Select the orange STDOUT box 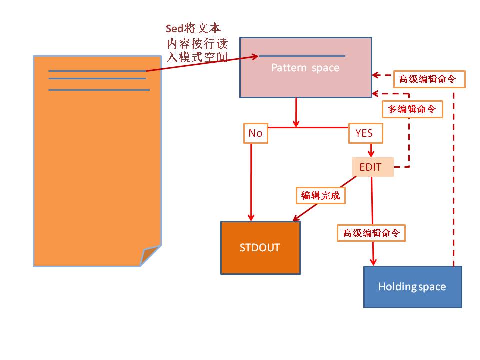tap(260, 248)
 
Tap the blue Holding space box tap(412, 287)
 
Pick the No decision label tap(255, 133)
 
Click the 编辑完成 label tap(320, 196)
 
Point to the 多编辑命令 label tap(412, 109)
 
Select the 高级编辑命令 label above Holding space tap(371, 233)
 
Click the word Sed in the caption tap(174, 28)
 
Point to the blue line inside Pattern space tap(302, 56)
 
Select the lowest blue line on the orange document tap(99, 90)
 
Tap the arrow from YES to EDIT tap(371, 150)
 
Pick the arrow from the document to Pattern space tap(202, 63)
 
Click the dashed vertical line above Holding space tap(454, 175)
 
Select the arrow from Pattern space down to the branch tap(296, 112)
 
